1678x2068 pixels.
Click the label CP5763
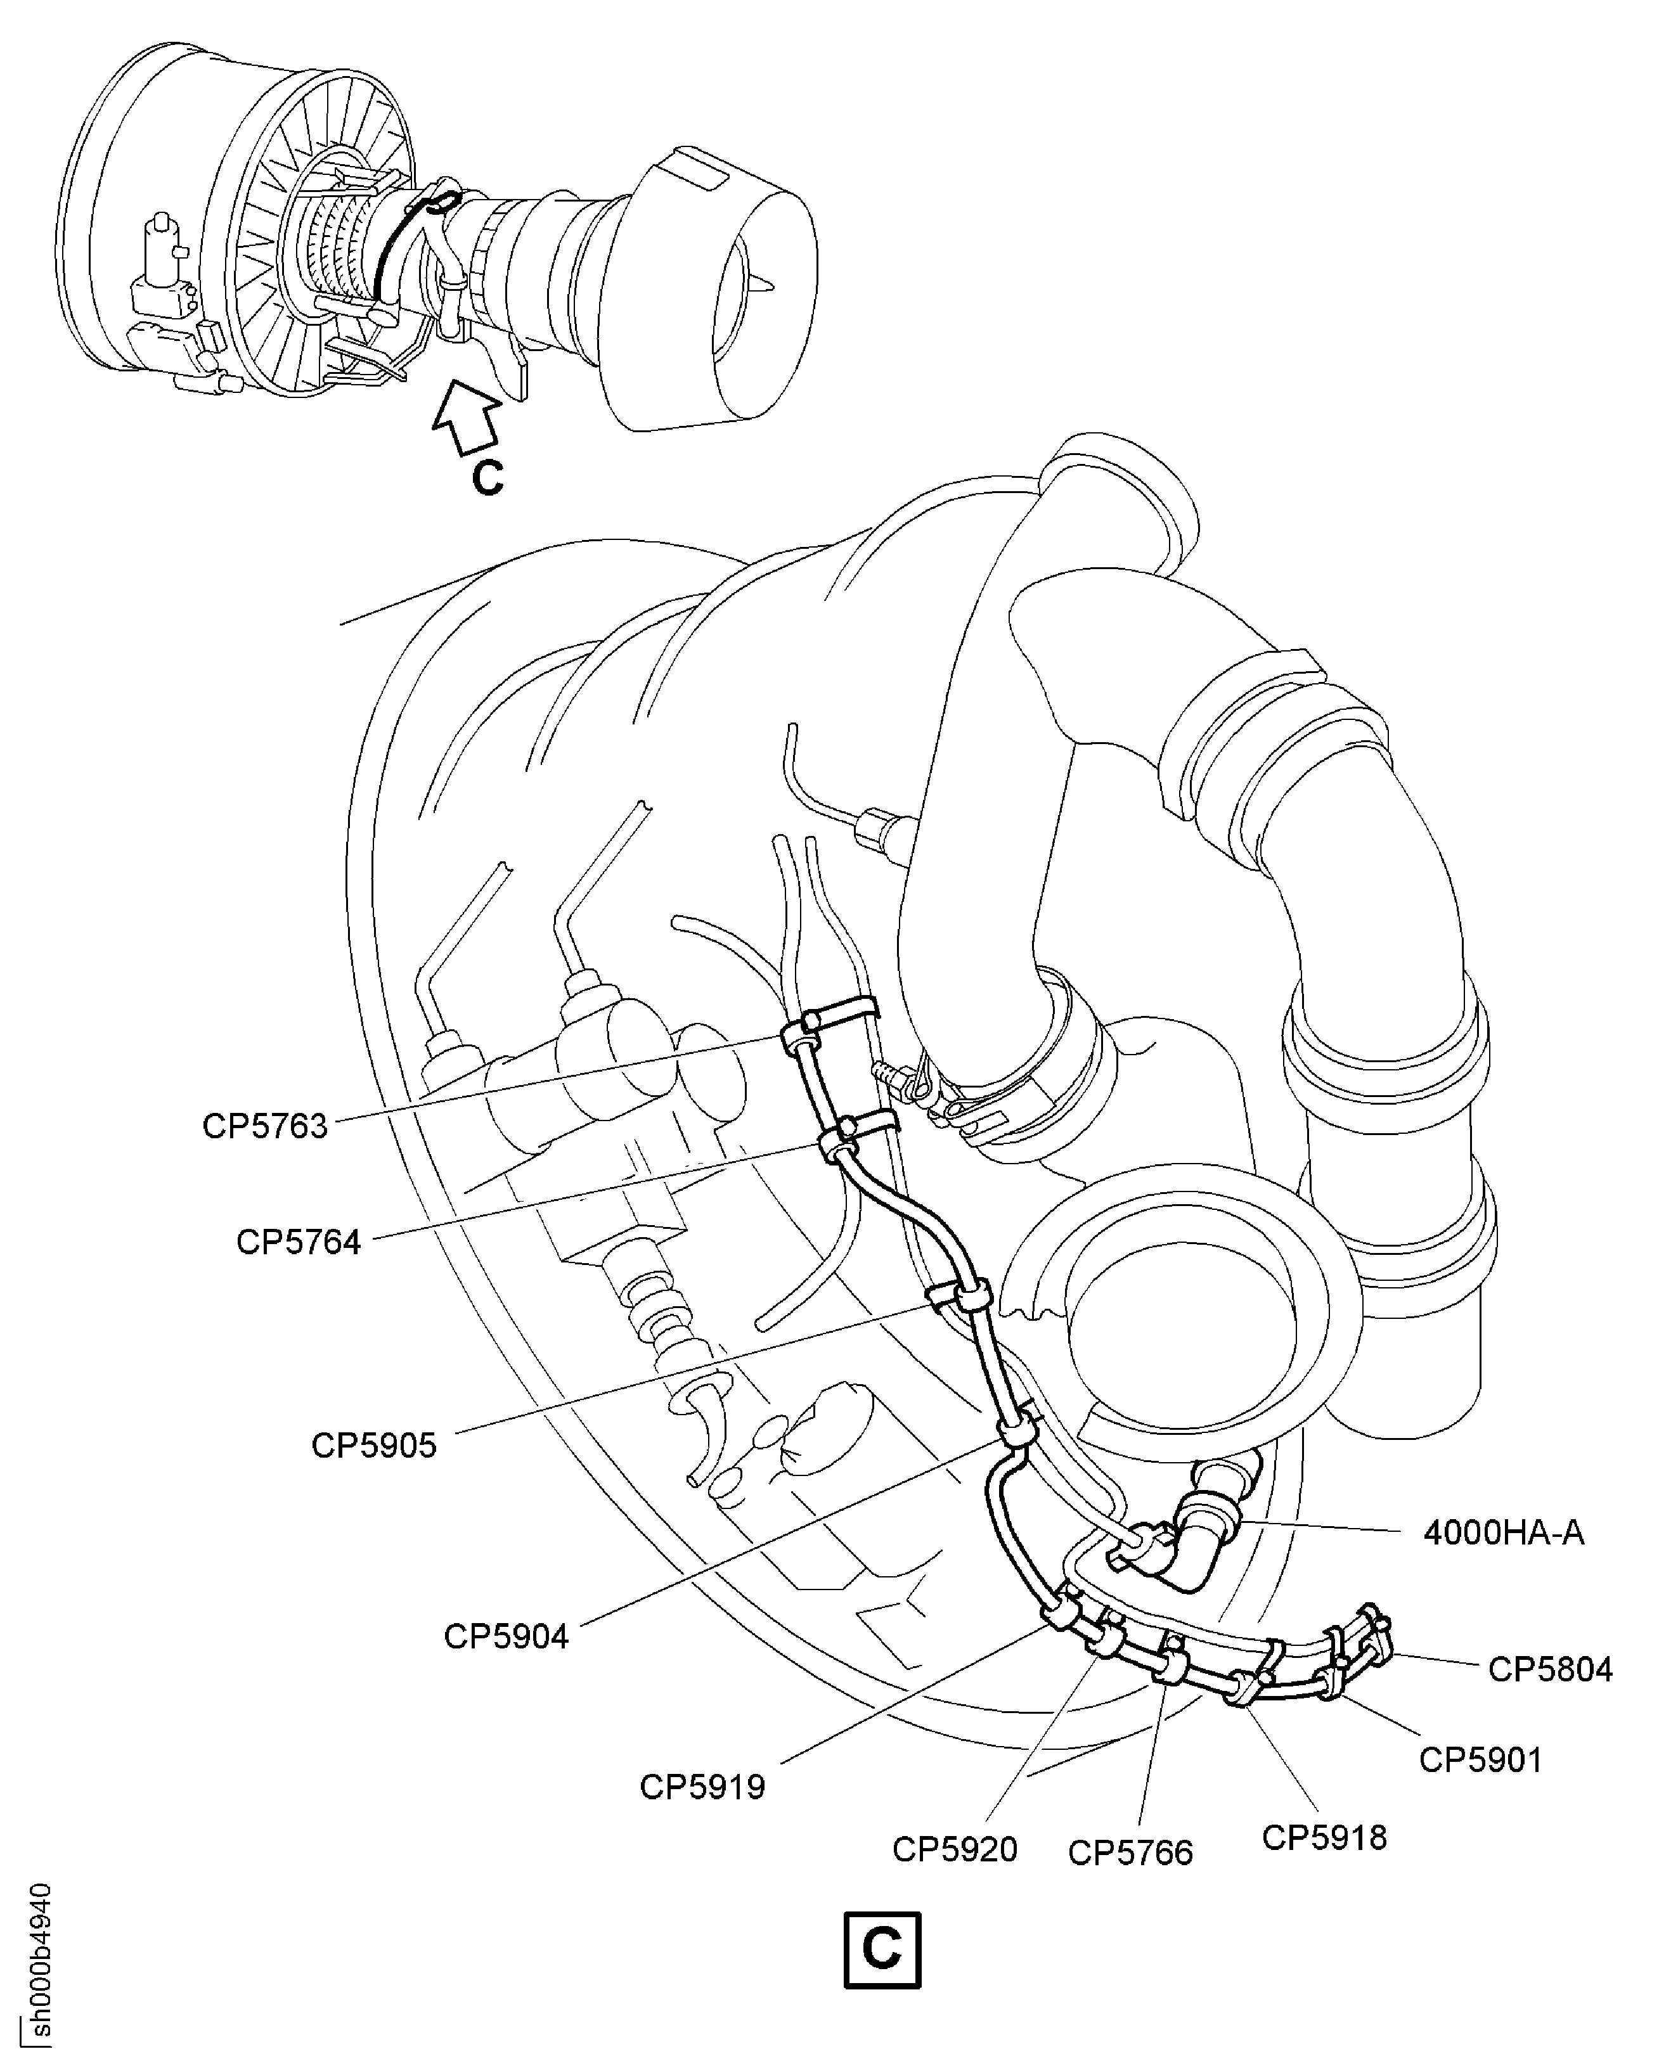point(265,1126)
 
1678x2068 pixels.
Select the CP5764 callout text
point(298,1242)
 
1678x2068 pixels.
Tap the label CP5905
point(373,1445)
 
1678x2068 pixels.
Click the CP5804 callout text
point(1549,1669)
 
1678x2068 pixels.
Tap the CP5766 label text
point(1130,1853)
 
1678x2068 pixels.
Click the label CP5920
point(954,1849)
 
